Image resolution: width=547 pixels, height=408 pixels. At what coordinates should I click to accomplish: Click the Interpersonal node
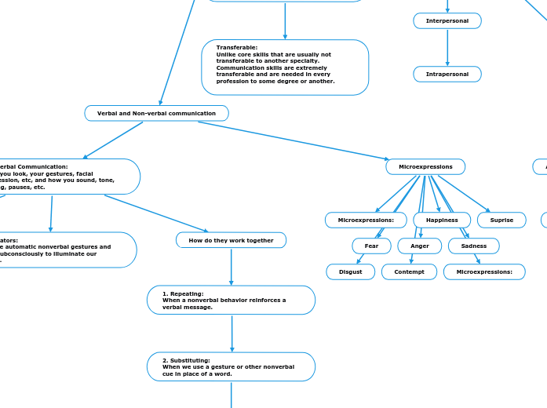tap(447, 21)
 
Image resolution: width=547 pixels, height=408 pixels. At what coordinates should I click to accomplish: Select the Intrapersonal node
tap(447, 75)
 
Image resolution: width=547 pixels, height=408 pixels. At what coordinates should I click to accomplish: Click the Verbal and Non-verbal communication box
tap(156, 114)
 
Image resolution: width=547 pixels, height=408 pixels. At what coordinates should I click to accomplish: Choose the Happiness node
tap(442, 220)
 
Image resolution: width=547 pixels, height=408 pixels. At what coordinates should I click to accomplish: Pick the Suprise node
tap(501, 220)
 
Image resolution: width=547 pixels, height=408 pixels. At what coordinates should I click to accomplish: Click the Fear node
tap(371, 246)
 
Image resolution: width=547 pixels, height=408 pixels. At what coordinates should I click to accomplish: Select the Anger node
tap(419, 246)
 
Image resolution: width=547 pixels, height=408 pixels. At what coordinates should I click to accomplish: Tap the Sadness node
tap(473, 246)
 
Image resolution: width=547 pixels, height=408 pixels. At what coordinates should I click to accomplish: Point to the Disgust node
tap(350, 272)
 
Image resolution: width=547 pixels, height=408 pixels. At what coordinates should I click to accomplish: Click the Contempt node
tap(409, 272)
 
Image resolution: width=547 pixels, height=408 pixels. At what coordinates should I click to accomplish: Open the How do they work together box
tap(231, 240)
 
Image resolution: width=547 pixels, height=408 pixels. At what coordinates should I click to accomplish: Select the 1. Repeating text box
tap(231, 301)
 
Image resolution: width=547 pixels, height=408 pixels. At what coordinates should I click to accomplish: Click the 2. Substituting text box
tap(231, 366)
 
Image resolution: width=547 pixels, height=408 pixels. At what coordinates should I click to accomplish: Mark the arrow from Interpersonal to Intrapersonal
tap(447, 48)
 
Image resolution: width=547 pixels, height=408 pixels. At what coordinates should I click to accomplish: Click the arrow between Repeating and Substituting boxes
tap(232, 333)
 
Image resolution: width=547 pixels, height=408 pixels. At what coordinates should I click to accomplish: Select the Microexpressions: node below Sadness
tap(484, 272)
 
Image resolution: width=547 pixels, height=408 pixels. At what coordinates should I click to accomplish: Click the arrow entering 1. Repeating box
tap(231, 267)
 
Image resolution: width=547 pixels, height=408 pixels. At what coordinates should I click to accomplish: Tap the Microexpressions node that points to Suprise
tap(425, 167)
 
